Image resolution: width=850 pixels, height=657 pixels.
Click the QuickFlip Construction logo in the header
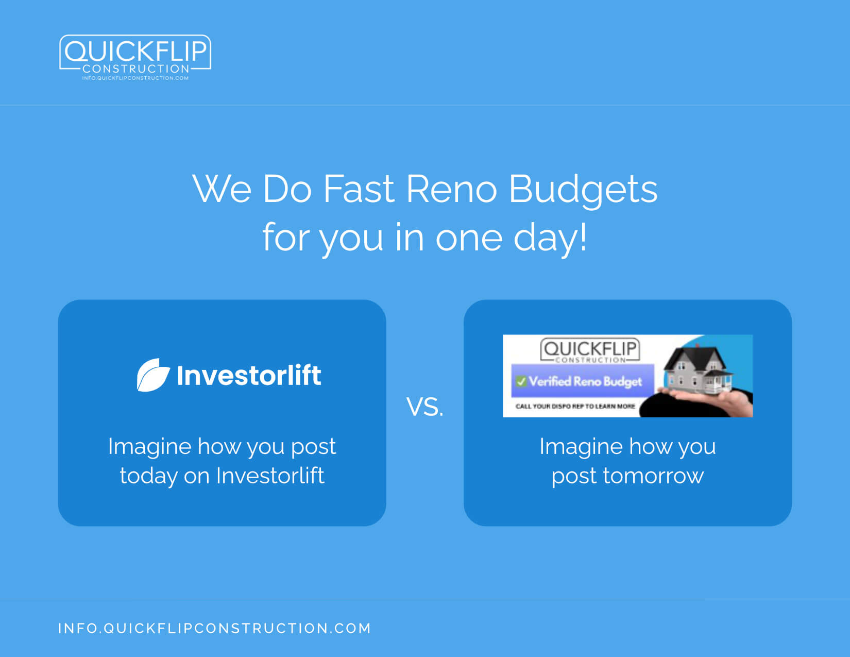tap(135, 57)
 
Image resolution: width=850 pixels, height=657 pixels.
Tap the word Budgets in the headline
tap(583, 190)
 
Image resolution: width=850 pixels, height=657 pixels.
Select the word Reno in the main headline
tap(451, 189)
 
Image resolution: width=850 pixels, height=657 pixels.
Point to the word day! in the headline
tap(550, 238)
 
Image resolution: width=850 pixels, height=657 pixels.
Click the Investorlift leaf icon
tap(154, 375)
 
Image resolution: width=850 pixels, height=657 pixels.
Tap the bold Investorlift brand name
tap(249, 375)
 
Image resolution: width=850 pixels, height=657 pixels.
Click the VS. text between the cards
tap(425, 407)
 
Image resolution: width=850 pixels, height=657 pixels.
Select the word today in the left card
tap(149, 476)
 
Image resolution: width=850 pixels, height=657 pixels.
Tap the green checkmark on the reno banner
tap(521, 381)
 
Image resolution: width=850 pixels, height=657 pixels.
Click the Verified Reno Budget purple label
tap(583, 381)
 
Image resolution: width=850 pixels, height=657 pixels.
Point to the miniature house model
tap(698, 369)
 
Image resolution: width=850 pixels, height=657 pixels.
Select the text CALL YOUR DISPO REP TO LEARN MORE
tap(575, 406)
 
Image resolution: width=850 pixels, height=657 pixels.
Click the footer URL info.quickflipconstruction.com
tap(214, 628)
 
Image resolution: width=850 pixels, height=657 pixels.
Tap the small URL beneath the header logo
tap(135, 78)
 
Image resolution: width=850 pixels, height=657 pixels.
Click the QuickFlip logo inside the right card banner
tap(590, 350)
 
